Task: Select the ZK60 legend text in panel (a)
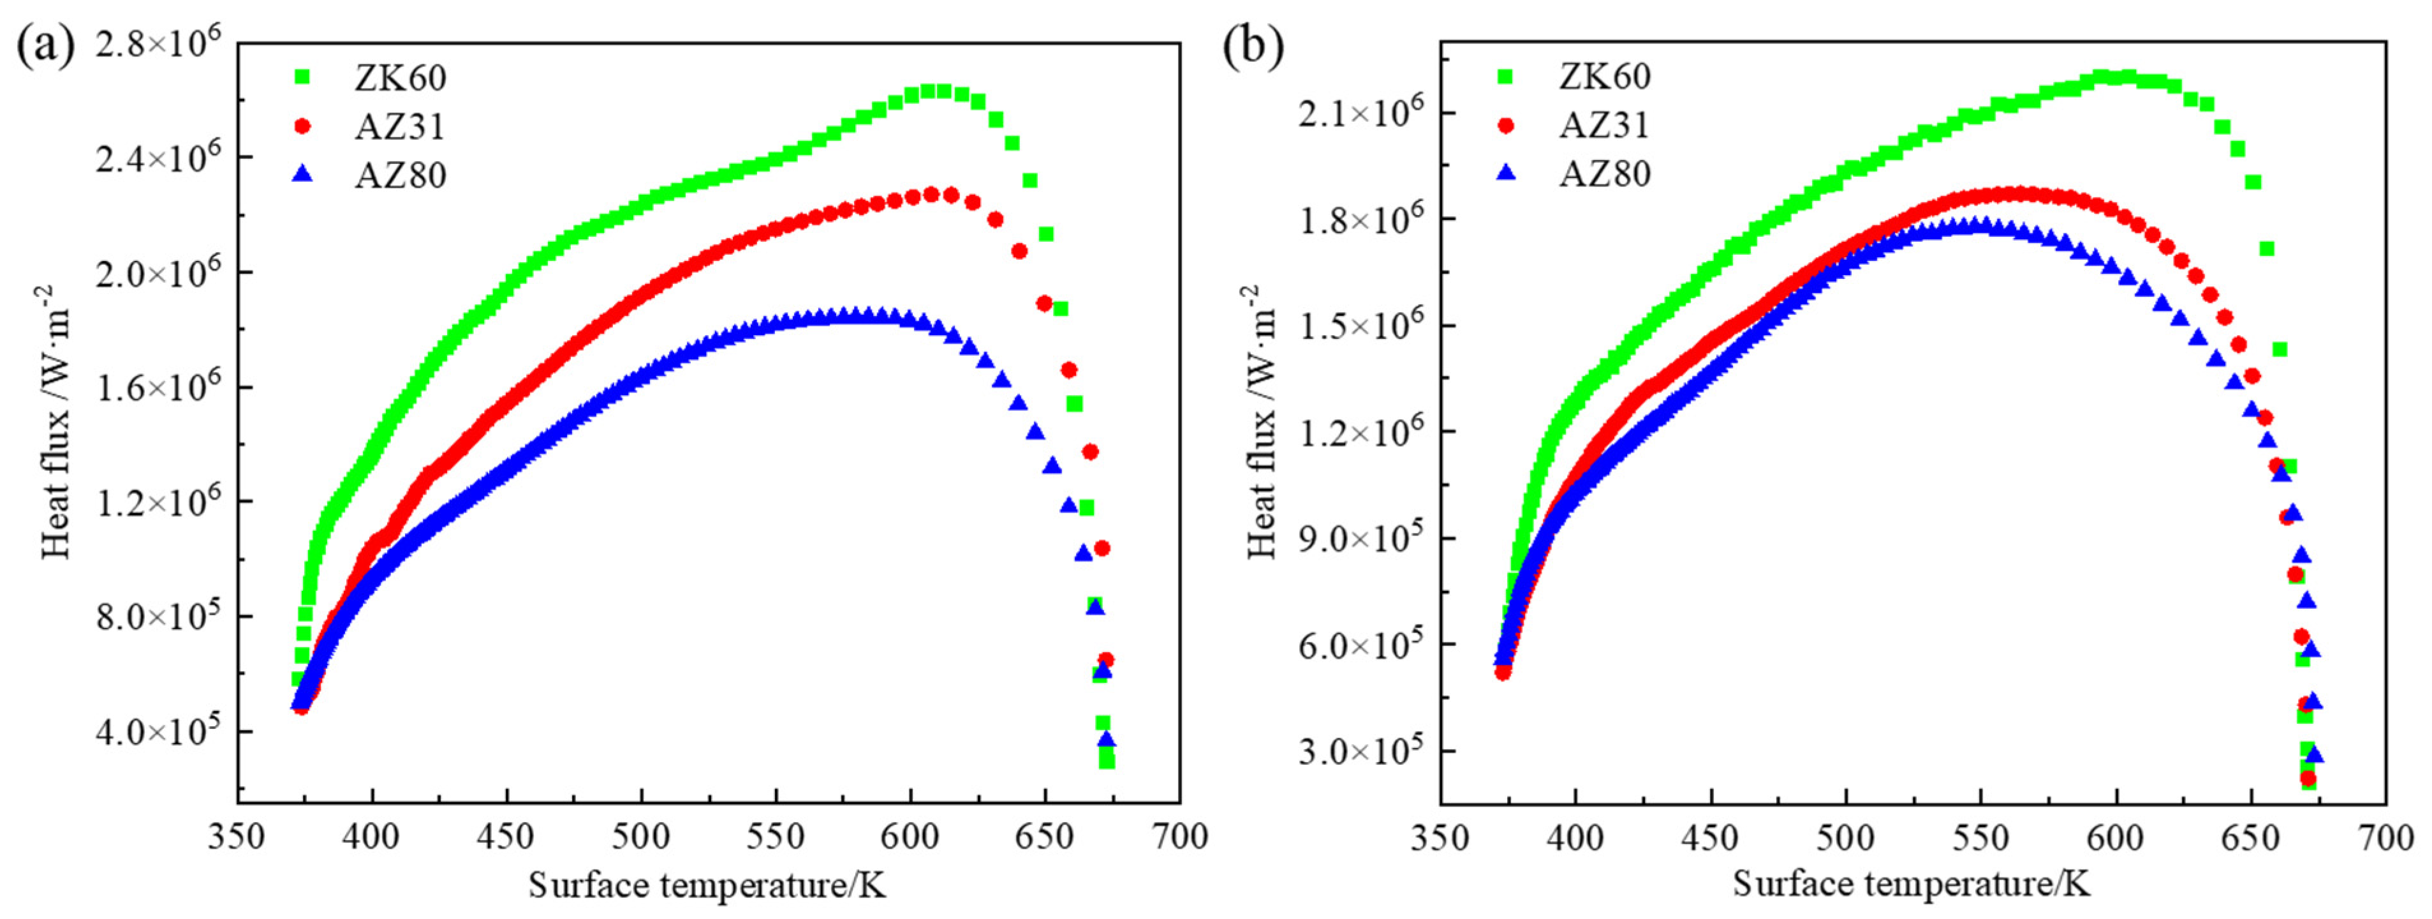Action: point(401,77)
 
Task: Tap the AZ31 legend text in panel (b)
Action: point(1604,124)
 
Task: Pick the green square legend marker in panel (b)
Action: point(1506,75)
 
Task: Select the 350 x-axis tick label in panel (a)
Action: point(238,837)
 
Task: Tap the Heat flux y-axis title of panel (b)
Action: point(1262,421)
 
